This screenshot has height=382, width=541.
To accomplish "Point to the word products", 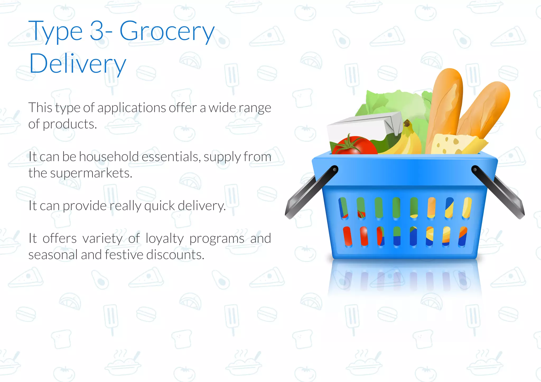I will click(70, 124).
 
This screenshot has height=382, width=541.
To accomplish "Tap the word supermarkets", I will click(91, 173).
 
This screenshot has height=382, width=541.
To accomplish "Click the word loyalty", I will click(165, 238).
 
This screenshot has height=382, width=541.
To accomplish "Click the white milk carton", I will click(362, 127).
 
